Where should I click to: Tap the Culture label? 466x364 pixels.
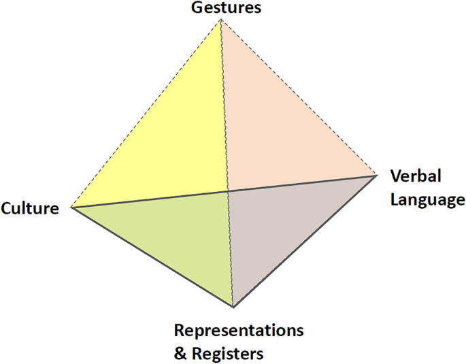(x=30, y=208)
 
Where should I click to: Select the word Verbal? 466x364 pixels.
(x=416, y=177)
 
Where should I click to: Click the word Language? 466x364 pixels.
(x=427, y=200)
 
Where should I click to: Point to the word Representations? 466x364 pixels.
(x=238, y=331)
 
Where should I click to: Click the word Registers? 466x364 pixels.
(x=229, y=353)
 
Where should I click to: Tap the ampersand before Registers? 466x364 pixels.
(x=180, y=353)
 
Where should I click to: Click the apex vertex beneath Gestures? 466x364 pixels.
(x=221, y=20)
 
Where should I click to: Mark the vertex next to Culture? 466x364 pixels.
(x=71, y=207)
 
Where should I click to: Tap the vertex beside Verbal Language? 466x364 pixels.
(x=377, y=175)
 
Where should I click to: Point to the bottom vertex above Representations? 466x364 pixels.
(x=233, y=307)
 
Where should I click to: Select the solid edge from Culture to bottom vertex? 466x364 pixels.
(x=151, y=257)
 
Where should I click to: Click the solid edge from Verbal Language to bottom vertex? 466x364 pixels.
(x=305, y=241)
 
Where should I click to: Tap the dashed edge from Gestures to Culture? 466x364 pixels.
(x=146, y=113)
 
